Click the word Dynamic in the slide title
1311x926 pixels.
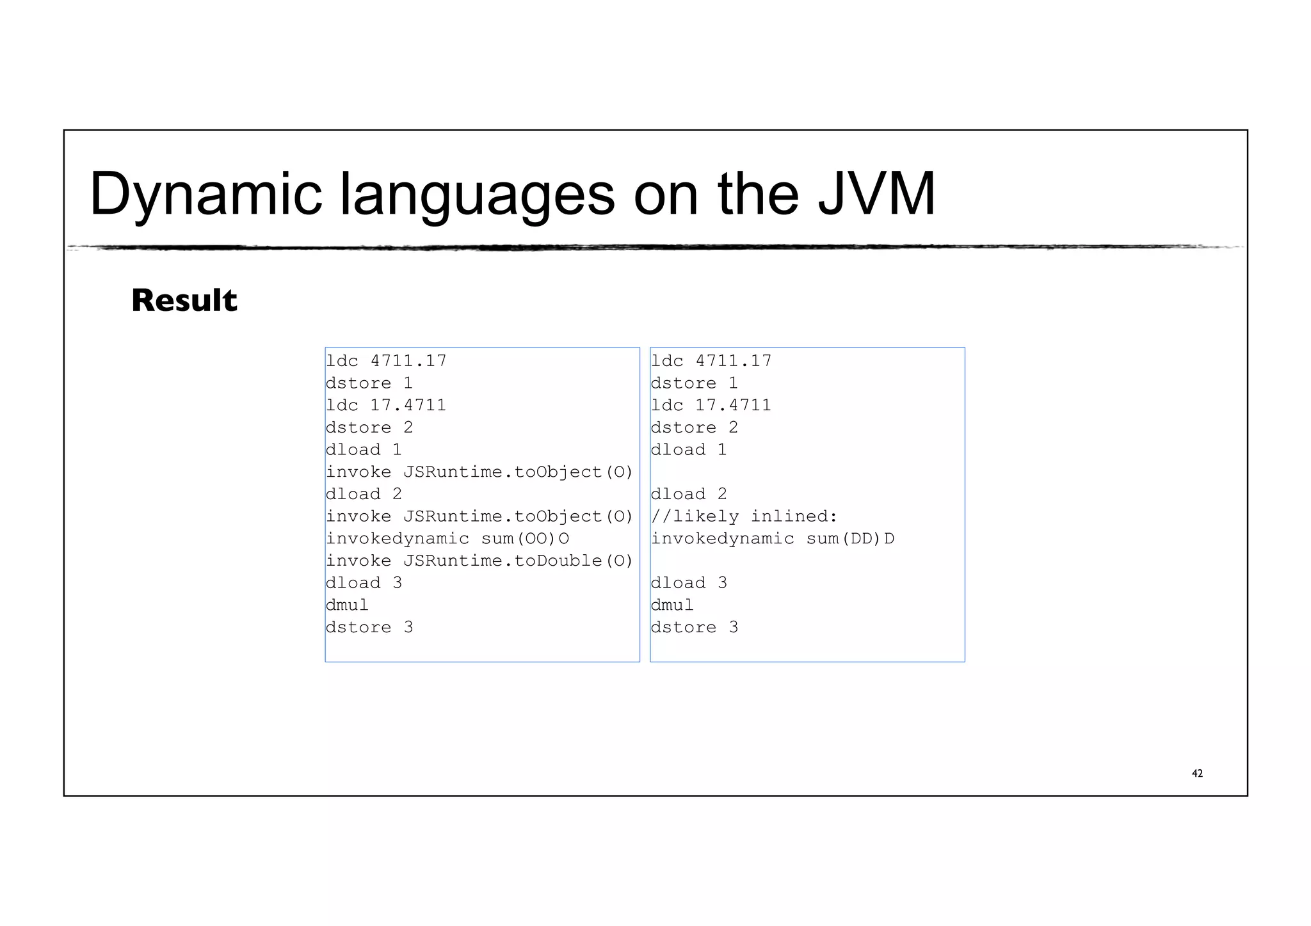pyautogui.click(x=205, y=194)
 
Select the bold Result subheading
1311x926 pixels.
pyautogui.click(x=184, y=300)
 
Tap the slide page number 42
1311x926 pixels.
pyautogui.click(x=1197, y=774)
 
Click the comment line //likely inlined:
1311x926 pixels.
pyautogui.click(x=744, y=516)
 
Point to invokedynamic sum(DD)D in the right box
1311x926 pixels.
pyautogui.click(x=772, y=539)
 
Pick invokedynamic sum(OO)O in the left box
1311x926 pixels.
pyautogui.click(x=447, y=539)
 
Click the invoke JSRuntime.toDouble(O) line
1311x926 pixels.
pyautogui.click(x=479, y=561)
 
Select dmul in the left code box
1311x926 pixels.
pyautogui.click(x=347, y=605)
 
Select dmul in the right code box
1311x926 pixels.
pyautogui.click(x=672, y=605)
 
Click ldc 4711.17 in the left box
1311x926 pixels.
pyautogui.click(x=385, y=361)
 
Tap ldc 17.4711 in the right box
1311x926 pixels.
pyautogui.click(x=711, y=405)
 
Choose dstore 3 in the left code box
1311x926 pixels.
pyautogui.click(x=369, y=628)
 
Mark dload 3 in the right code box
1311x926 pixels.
pyautogui.click(x=689, y=583)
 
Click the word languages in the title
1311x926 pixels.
pyautogui.click(x=477, y=194)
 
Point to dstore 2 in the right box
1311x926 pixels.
pyautogui.click(x=695, y=427)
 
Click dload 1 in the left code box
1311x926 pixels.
pyautogui.click(x=364, y=450)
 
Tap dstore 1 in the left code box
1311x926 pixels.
pyautogui.click(x=369, y=383)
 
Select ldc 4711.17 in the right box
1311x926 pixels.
pyautogui.click(x=711, y=361)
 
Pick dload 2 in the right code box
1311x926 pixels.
pyautogui.click(x=689, y=494)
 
